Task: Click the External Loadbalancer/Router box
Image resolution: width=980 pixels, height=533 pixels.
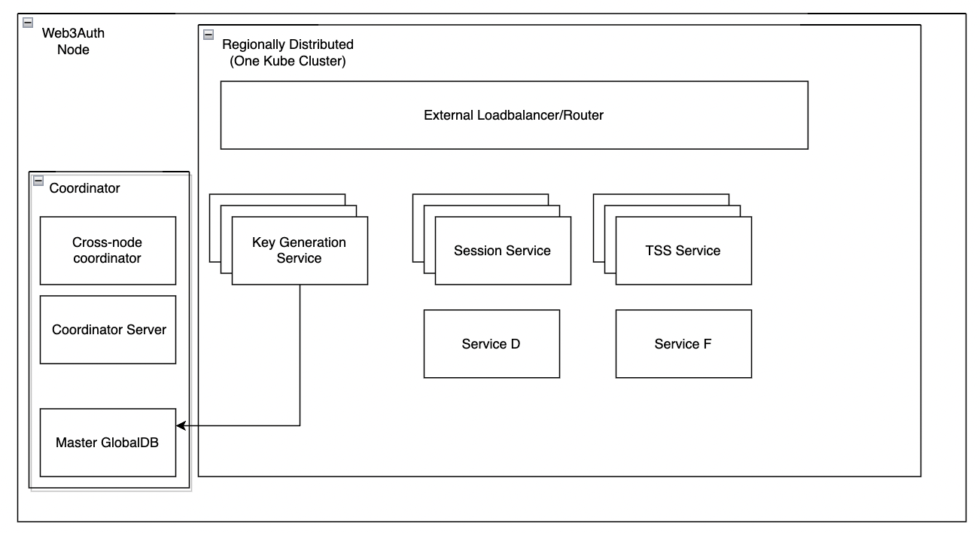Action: (513, 115)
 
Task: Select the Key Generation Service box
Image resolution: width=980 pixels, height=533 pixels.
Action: (300, 251)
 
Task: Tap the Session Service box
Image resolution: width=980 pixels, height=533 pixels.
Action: (502, 251)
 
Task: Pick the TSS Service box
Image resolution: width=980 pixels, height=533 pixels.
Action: (683, 251)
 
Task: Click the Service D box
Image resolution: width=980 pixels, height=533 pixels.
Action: (491, 344)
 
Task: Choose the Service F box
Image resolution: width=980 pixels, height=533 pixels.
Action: (683, 344)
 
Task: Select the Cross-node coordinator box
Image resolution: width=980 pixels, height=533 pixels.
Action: (107, 251)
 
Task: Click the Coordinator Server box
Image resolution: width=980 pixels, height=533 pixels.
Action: (107, 330)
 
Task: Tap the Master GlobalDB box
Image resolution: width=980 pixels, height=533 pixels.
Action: (107, 443)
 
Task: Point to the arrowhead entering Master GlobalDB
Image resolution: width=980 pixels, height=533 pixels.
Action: (181, 426)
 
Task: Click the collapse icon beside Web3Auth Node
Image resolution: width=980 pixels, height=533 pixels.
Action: (28, 22)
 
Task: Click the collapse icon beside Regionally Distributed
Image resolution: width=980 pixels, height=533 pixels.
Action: (208, 34)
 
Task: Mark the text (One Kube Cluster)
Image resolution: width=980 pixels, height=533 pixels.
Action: (288, 62)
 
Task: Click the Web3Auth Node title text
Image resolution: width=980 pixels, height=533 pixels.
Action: (73, 42)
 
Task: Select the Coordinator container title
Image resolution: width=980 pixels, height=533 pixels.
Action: (84, 188)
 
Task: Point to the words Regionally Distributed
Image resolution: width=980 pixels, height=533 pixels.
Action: (288, 45)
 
